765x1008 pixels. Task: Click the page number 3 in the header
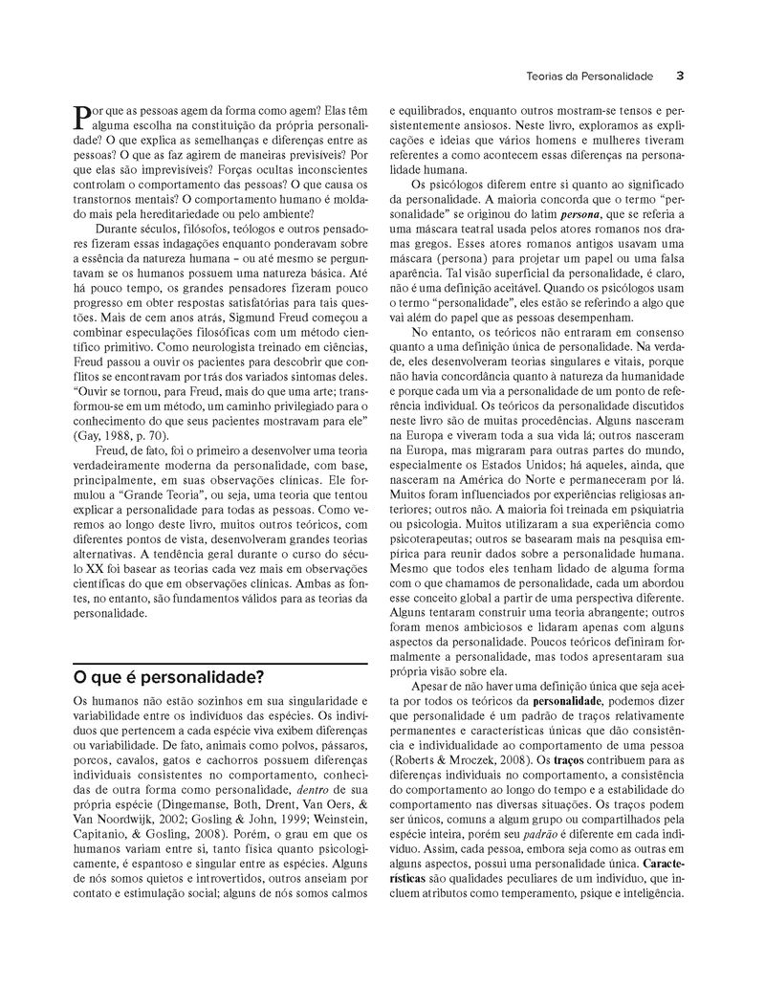point(678,75)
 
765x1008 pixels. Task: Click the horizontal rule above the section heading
point(220,662)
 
